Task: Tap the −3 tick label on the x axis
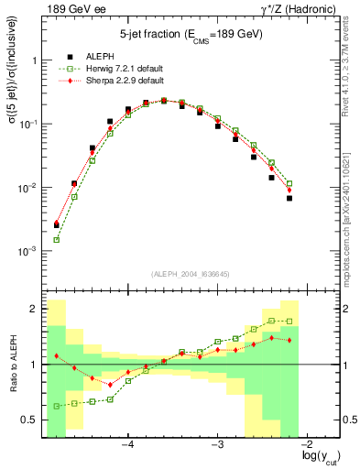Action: coord(218,444)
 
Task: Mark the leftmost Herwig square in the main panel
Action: coord(57,240)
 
